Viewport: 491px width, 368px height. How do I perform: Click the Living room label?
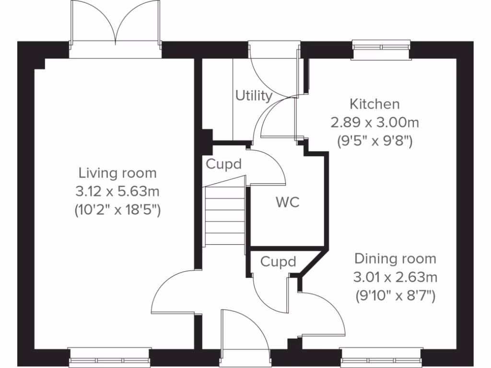(117, 172)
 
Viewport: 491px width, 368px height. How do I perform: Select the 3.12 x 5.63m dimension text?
(117, 192)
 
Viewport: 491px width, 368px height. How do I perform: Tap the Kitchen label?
(374, 103)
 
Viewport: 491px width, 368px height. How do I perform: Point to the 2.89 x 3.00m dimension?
(374, 123)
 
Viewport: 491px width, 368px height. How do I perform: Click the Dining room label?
(395, 259)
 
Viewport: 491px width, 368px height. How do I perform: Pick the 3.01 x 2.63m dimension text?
(395, 277)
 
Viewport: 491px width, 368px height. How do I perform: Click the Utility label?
(254, 96)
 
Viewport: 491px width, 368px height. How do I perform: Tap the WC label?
(287, 202)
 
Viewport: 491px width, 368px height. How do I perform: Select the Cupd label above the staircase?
(223, 164)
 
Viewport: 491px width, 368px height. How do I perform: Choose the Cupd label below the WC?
(278, 262)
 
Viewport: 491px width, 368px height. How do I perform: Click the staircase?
(225, 216)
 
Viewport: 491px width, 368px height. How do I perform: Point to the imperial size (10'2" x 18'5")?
(117, 210)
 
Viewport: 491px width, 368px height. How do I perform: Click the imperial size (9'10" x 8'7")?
(395, 296)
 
